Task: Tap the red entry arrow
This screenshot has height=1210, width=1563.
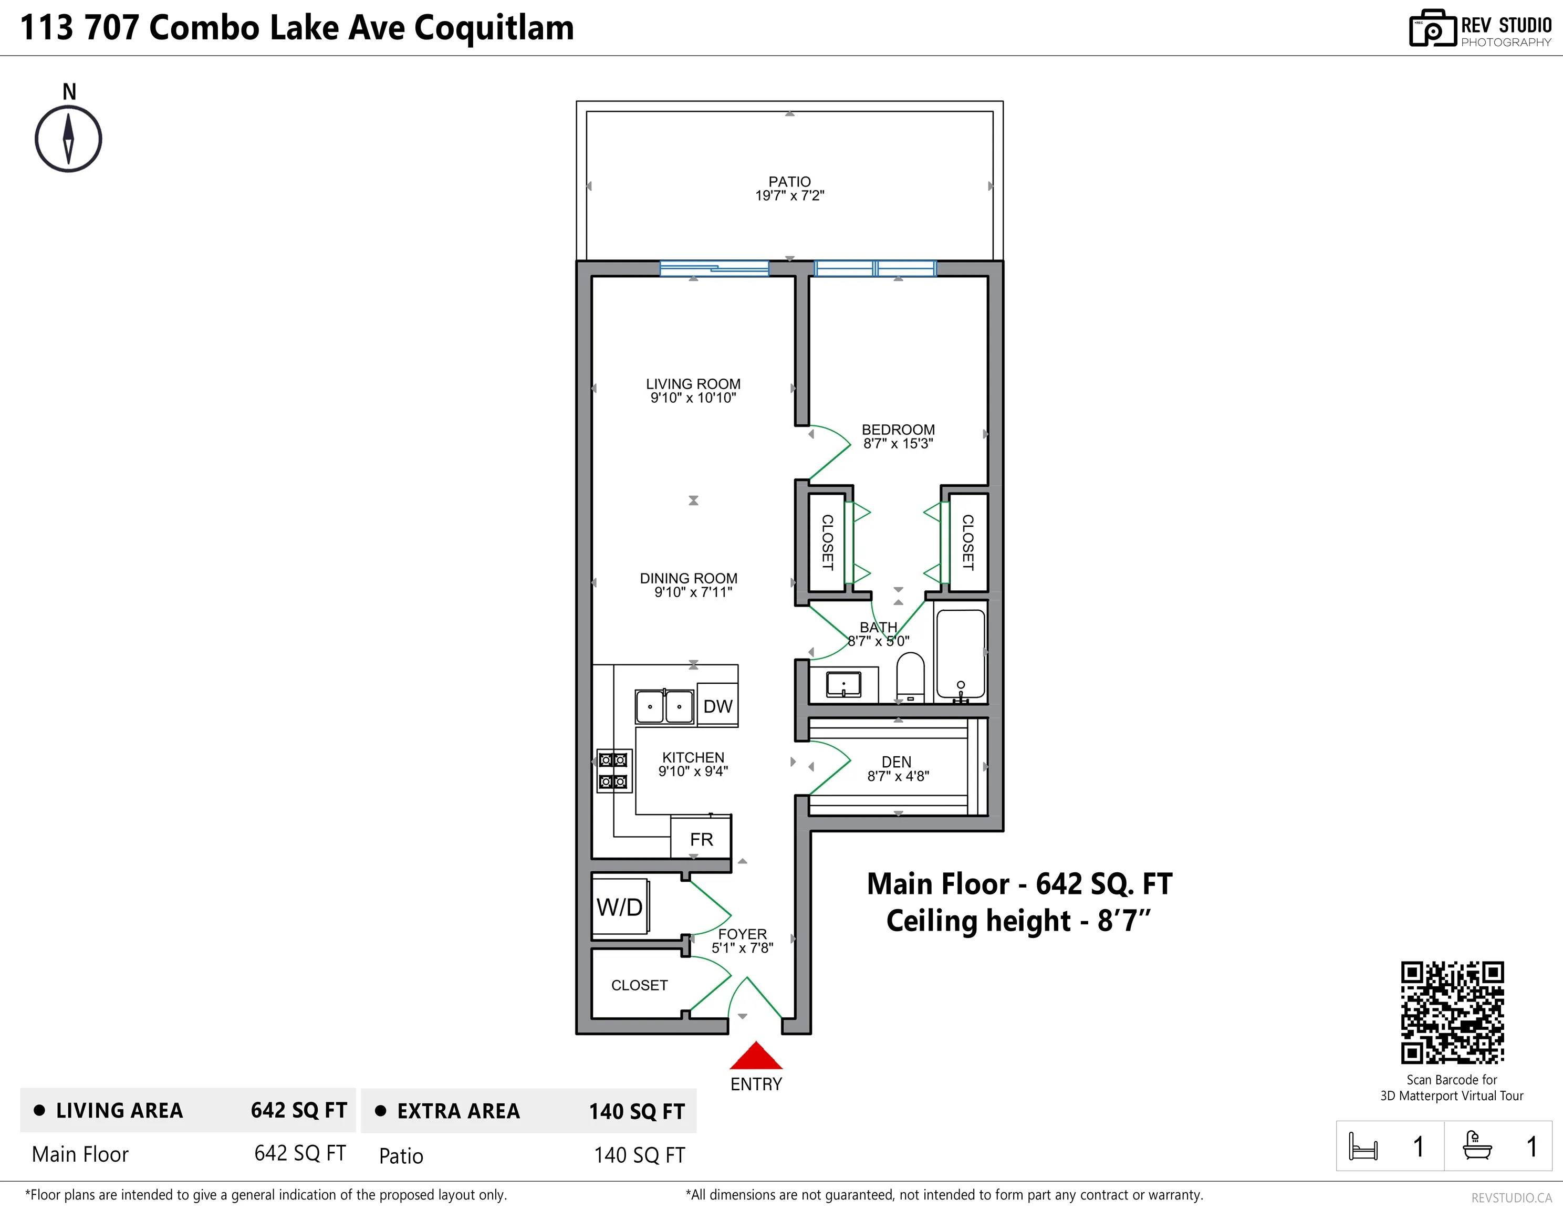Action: (756, 1056)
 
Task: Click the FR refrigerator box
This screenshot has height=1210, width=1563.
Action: (701, 839)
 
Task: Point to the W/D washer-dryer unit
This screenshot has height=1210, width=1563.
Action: (620, 906)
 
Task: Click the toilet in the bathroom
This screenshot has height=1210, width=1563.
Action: (910, 677)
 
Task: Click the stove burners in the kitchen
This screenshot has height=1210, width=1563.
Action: (614, 770)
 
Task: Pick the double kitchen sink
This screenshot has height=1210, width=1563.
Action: (665, 707)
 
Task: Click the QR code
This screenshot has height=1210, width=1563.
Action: (1452, 1013)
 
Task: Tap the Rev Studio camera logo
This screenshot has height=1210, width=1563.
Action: (1433, 29)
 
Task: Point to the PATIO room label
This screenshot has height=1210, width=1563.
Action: (789, 182)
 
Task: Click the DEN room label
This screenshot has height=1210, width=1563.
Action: (897, 762)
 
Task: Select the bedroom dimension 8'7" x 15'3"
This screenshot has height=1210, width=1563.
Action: (898, 444)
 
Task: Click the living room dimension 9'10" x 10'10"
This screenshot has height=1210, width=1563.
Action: (693, 398)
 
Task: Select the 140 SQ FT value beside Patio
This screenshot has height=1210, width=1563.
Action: (639, 1155)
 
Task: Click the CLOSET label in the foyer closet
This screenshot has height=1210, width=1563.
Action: (639, 985)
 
